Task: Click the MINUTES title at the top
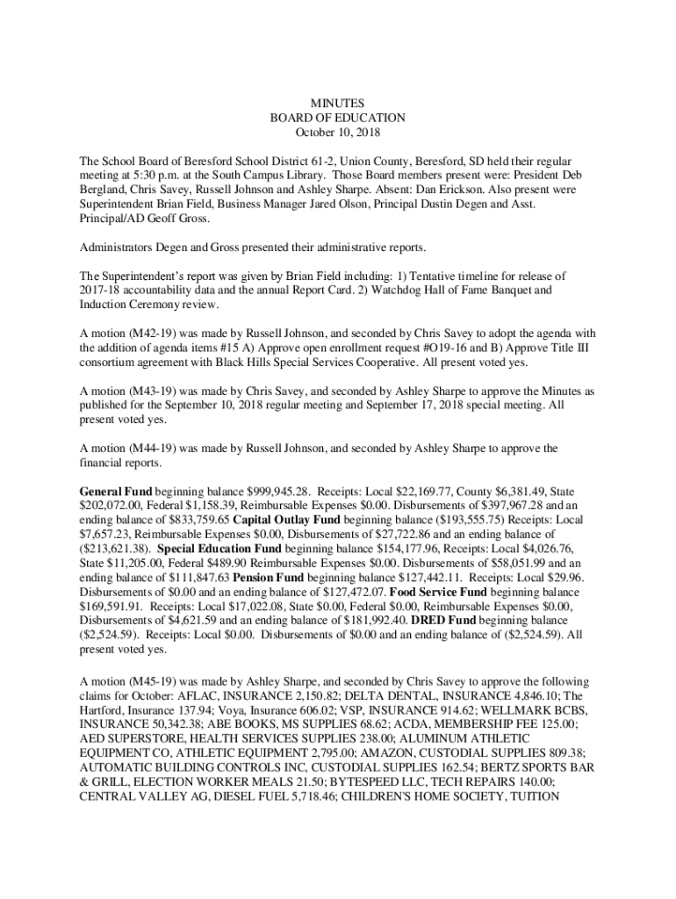point(338,103)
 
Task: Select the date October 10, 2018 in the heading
point(338,133)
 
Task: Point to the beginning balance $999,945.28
point(257,491)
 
